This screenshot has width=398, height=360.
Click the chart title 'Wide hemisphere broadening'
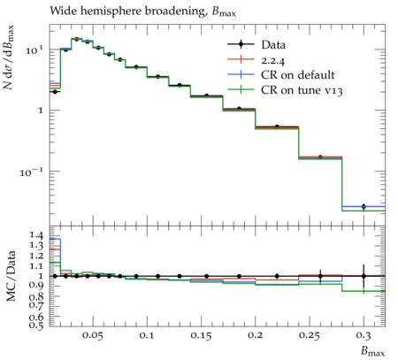point(127,11)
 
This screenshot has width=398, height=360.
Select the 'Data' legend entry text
point(273,45)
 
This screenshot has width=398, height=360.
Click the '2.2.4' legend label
point(273,60)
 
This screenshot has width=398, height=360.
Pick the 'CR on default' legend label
point(298,75)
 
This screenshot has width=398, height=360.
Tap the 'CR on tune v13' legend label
point(302,90)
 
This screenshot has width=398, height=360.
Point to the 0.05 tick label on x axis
point(93,335)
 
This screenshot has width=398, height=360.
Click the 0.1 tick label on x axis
point(147,335)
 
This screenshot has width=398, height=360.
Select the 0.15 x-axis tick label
point(201,335)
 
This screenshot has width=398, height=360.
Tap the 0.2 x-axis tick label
point(256,335)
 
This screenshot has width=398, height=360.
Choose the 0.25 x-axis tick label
point(310,335)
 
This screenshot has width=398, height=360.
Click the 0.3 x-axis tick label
point(364,335)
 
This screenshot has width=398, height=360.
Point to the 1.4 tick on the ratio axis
point(36,235)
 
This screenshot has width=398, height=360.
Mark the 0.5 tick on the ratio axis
point(36,325)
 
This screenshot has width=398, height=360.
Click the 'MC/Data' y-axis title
point(11,276)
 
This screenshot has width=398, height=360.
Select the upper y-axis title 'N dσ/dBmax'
point(9,57)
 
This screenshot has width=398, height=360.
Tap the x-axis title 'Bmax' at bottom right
point(373,352)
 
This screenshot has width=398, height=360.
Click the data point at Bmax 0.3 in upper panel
point(364,206)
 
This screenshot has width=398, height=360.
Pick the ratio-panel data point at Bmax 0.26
point(320,276)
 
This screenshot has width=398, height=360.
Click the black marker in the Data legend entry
point(241,44)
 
